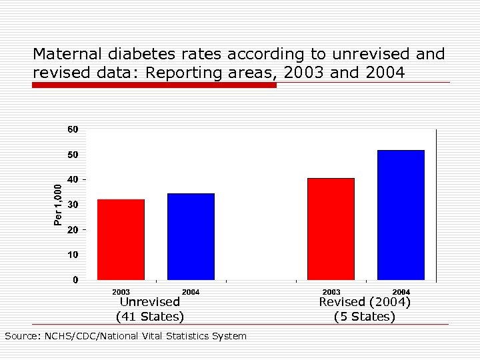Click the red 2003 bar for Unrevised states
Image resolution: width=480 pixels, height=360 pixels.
121,239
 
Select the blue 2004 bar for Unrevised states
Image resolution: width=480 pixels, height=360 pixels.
191,236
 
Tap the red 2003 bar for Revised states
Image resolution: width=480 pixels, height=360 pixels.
331,229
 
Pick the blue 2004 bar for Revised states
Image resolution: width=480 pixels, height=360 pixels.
401,215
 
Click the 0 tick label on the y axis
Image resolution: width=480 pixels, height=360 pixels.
75,280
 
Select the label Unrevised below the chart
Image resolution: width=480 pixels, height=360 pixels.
150,302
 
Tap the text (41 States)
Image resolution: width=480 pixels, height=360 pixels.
150,316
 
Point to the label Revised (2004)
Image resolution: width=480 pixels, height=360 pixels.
365,302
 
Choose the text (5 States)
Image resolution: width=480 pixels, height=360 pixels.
365,316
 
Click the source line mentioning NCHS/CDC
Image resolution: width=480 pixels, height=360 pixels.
125,336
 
